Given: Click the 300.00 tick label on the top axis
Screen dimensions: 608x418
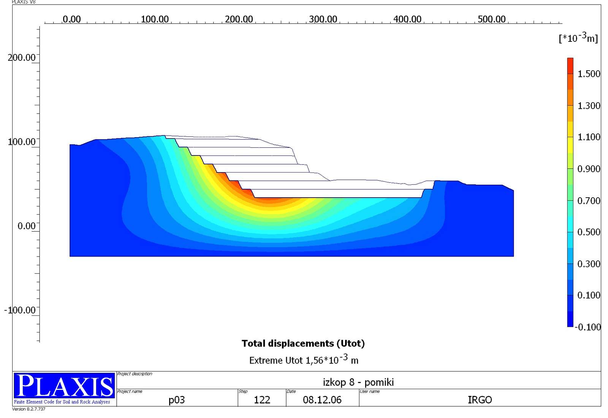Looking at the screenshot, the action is pos(323,19).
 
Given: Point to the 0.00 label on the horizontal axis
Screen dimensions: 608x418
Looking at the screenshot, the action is pos(72,19).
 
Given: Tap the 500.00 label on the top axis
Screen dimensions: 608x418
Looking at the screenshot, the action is pos(492,19).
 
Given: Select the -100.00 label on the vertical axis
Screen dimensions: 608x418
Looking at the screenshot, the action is pos(20,310).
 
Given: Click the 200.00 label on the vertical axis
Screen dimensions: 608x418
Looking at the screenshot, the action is pos(22,57).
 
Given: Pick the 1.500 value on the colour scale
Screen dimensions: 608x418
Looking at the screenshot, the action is pos(589,74).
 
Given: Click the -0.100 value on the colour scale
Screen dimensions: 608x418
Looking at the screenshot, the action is pos(587,327).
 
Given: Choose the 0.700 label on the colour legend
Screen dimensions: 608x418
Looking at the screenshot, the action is pos(589,201).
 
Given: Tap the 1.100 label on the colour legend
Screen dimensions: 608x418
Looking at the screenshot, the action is pos(589,137).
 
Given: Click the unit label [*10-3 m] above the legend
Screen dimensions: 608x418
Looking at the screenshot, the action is pos(578,38).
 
